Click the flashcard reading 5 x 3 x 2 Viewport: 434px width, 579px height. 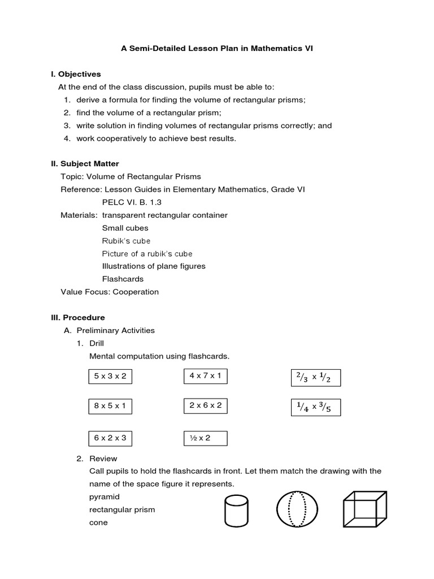pyautogui.click(x=110, y=377)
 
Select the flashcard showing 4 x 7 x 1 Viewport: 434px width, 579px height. pyautogui.click(x=205, y=375)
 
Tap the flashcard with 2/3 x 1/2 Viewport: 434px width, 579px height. pyautogui.click(x=315, y=378)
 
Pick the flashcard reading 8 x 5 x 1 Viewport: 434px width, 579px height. pyautogui.click(x=110, y=406)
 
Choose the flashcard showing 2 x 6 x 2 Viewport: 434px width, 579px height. pyautogui.click(x=205, y=405)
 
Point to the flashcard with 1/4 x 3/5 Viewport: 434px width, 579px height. pyautogui.click(x=315, y=407)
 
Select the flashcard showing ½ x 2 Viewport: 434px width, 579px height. pyautogui.click(x=205, y=438)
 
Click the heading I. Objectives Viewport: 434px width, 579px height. pyautogui.click(x=76, y=74)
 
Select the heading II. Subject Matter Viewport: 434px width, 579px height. pyautogui.click(x=85, y=164)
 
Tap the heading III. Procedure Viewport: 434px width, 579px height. pyautogui.click(x=78, y=318)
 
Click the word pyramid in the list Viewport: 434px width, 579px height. pyautogui.click(x=105, y=497)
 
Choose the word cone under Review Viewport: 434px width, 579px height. pyautogui.click(x=98, y=522)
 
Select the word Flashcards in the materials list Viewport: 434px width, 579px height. pyautogui.click(x=123, y=279)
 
